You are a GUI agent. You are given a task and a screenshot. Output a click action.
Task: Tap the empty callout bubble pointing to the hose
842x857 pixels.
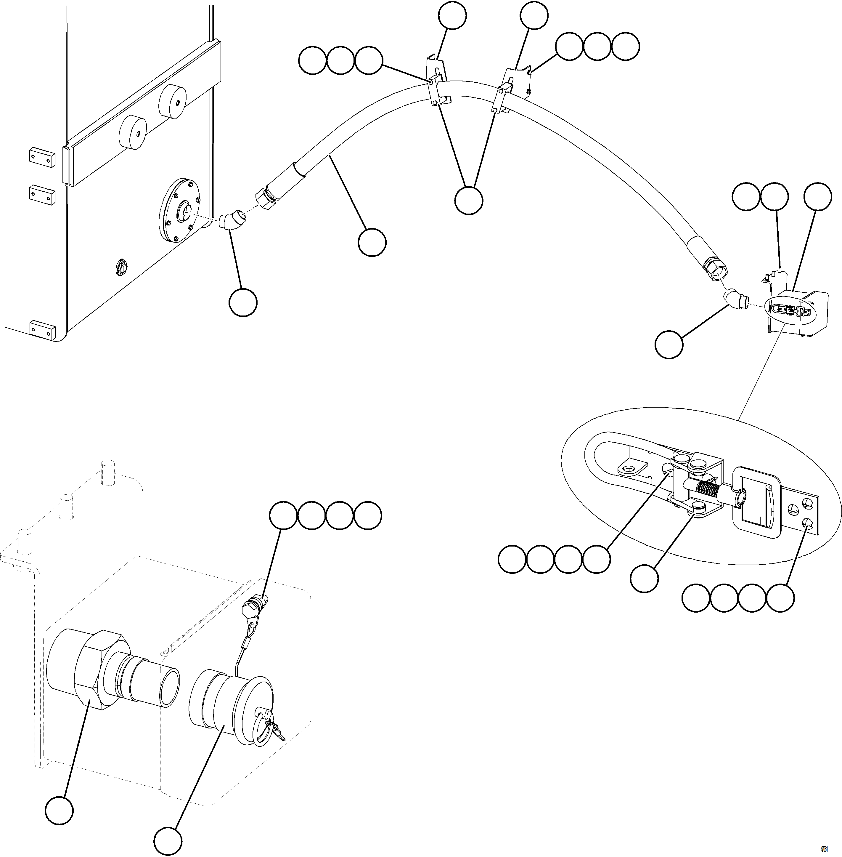tap(372, 242)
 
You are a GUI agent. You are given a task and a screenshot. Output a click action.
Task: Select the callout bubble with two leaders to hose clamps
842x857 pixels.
tap(469, 201)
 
